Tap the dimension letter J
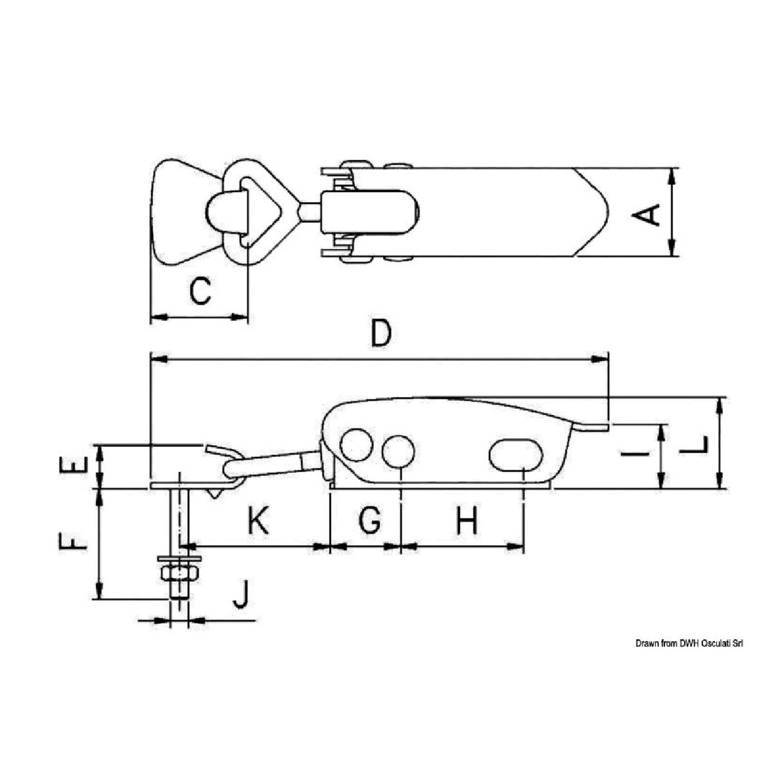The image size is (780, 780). coord(239,594)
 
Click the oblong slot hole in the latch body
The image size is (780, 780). coord(516,454)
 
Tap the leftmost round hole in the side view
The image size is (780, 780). coord(358,445)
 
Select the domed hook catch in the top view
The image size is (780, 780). coord(222,212)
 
